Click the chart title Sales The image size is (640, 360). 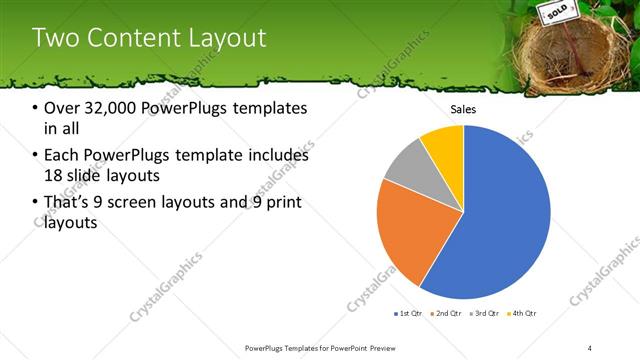tap(463, 109)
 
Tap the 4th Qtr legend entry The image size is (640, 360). tap(521, 314)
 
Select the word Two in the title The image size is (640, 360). tap(55, 39)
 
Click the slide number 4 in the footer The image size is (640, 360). tap(590, 347)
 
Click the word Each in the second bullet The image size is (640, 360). tap(63, 155)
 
